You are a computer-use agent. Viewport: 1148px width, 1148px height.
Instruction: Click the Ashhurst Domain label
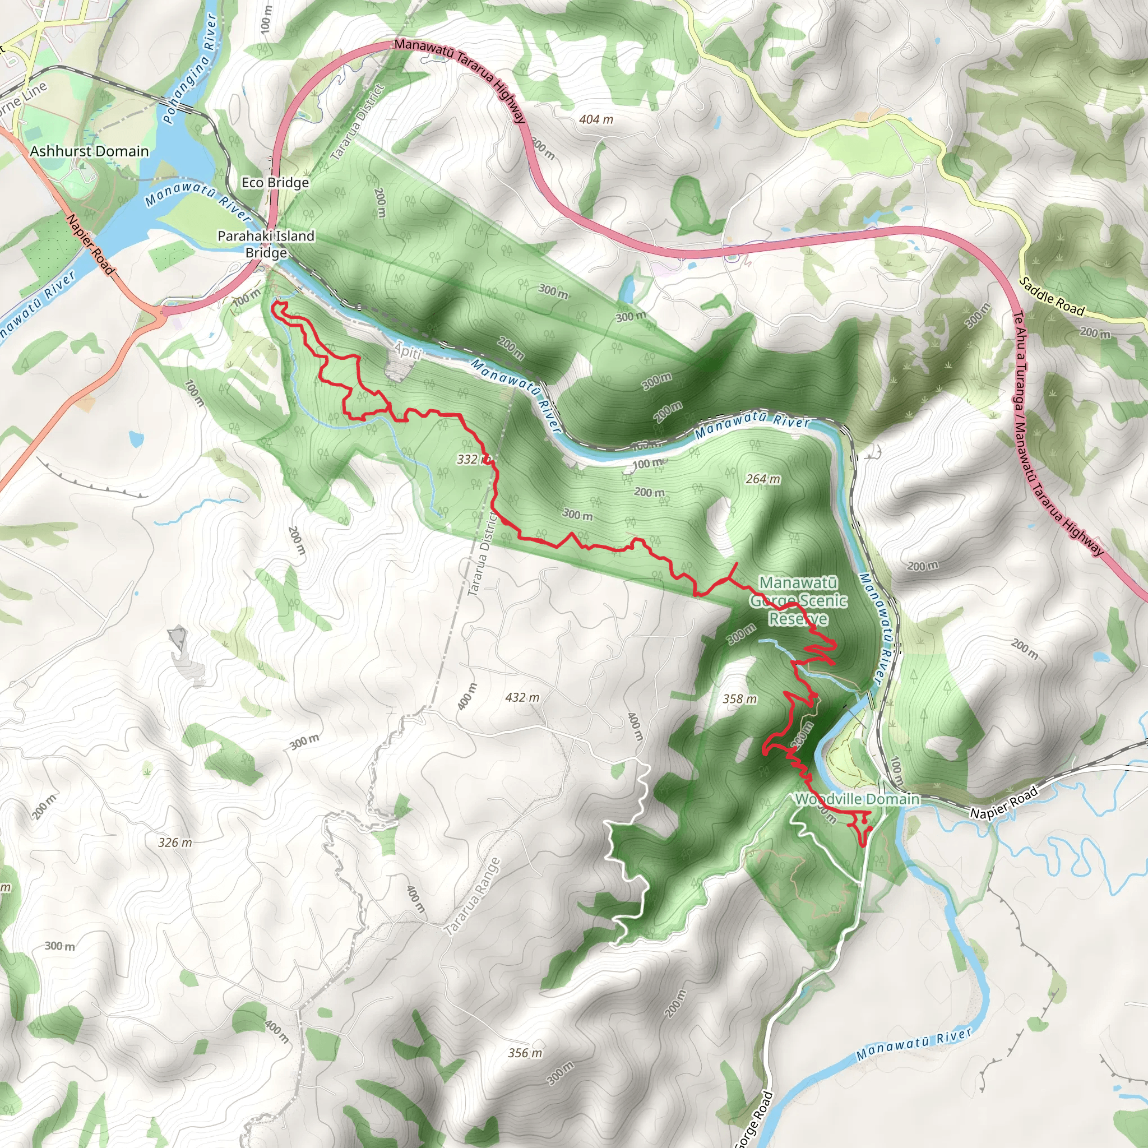[x=89, y=151]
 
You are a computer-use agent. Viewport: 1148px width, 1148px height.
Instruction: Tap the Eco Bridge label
[x=275, y=182]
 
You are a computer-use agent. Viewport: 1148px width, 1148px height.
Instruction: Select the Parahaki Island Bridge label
[x=266, y=244]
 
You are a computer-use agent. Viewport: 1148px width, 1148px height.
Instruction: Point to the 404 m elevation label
[x=596, y=119]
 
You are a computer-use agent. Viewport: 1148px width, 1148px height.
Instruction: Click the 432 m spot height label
[x=522, y=697]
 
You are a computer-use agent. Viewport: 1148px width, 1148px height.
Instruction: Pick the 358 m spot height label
[x=740, y=699]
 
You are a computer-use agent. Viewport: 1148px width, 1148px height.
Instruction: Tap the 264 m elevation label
[x=763, y=479]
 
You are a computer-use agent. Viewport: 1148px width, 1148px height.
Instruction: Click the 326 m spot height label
[x=175, y=842]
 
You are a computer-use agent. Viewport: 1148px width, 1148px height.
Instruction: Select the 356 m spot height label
[x=525, y=1053]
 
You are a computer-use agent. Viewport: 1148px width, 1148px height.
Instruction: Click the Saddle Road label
[x=1052, y=297]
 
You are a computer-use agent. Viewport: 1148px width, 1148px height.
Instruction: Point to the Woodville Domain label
[x=858, y=799]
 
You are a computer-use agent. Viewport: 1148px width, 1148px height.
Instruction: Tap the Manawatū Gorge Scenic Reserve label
[x=798, y=601]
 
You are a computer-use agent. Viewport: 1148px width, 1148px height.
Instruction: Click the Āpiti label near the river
[x=409, y=352]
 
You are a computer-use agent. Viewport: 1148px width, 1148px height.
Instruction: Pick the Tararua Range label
[x=473, y=898]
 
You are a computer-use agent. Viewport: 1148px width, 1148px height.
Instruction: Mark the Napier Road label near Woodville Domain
[x=1003, y=802]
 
